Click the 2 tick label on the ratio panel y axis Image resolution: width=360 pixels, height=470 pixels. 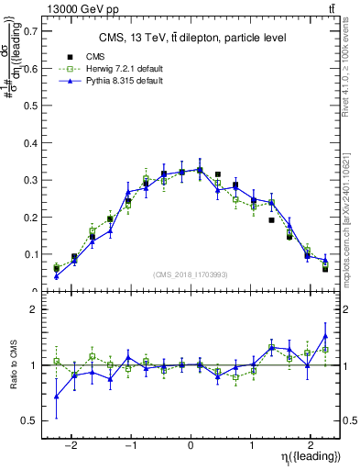35,309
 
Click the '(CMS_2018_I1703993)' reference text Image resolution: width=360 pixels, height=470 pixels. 191,274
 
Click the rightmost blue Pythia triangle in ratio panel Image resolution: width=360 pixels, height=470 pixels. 325,336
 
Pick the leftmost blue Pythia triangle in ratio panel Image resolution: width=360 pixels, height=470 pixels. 57,397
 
